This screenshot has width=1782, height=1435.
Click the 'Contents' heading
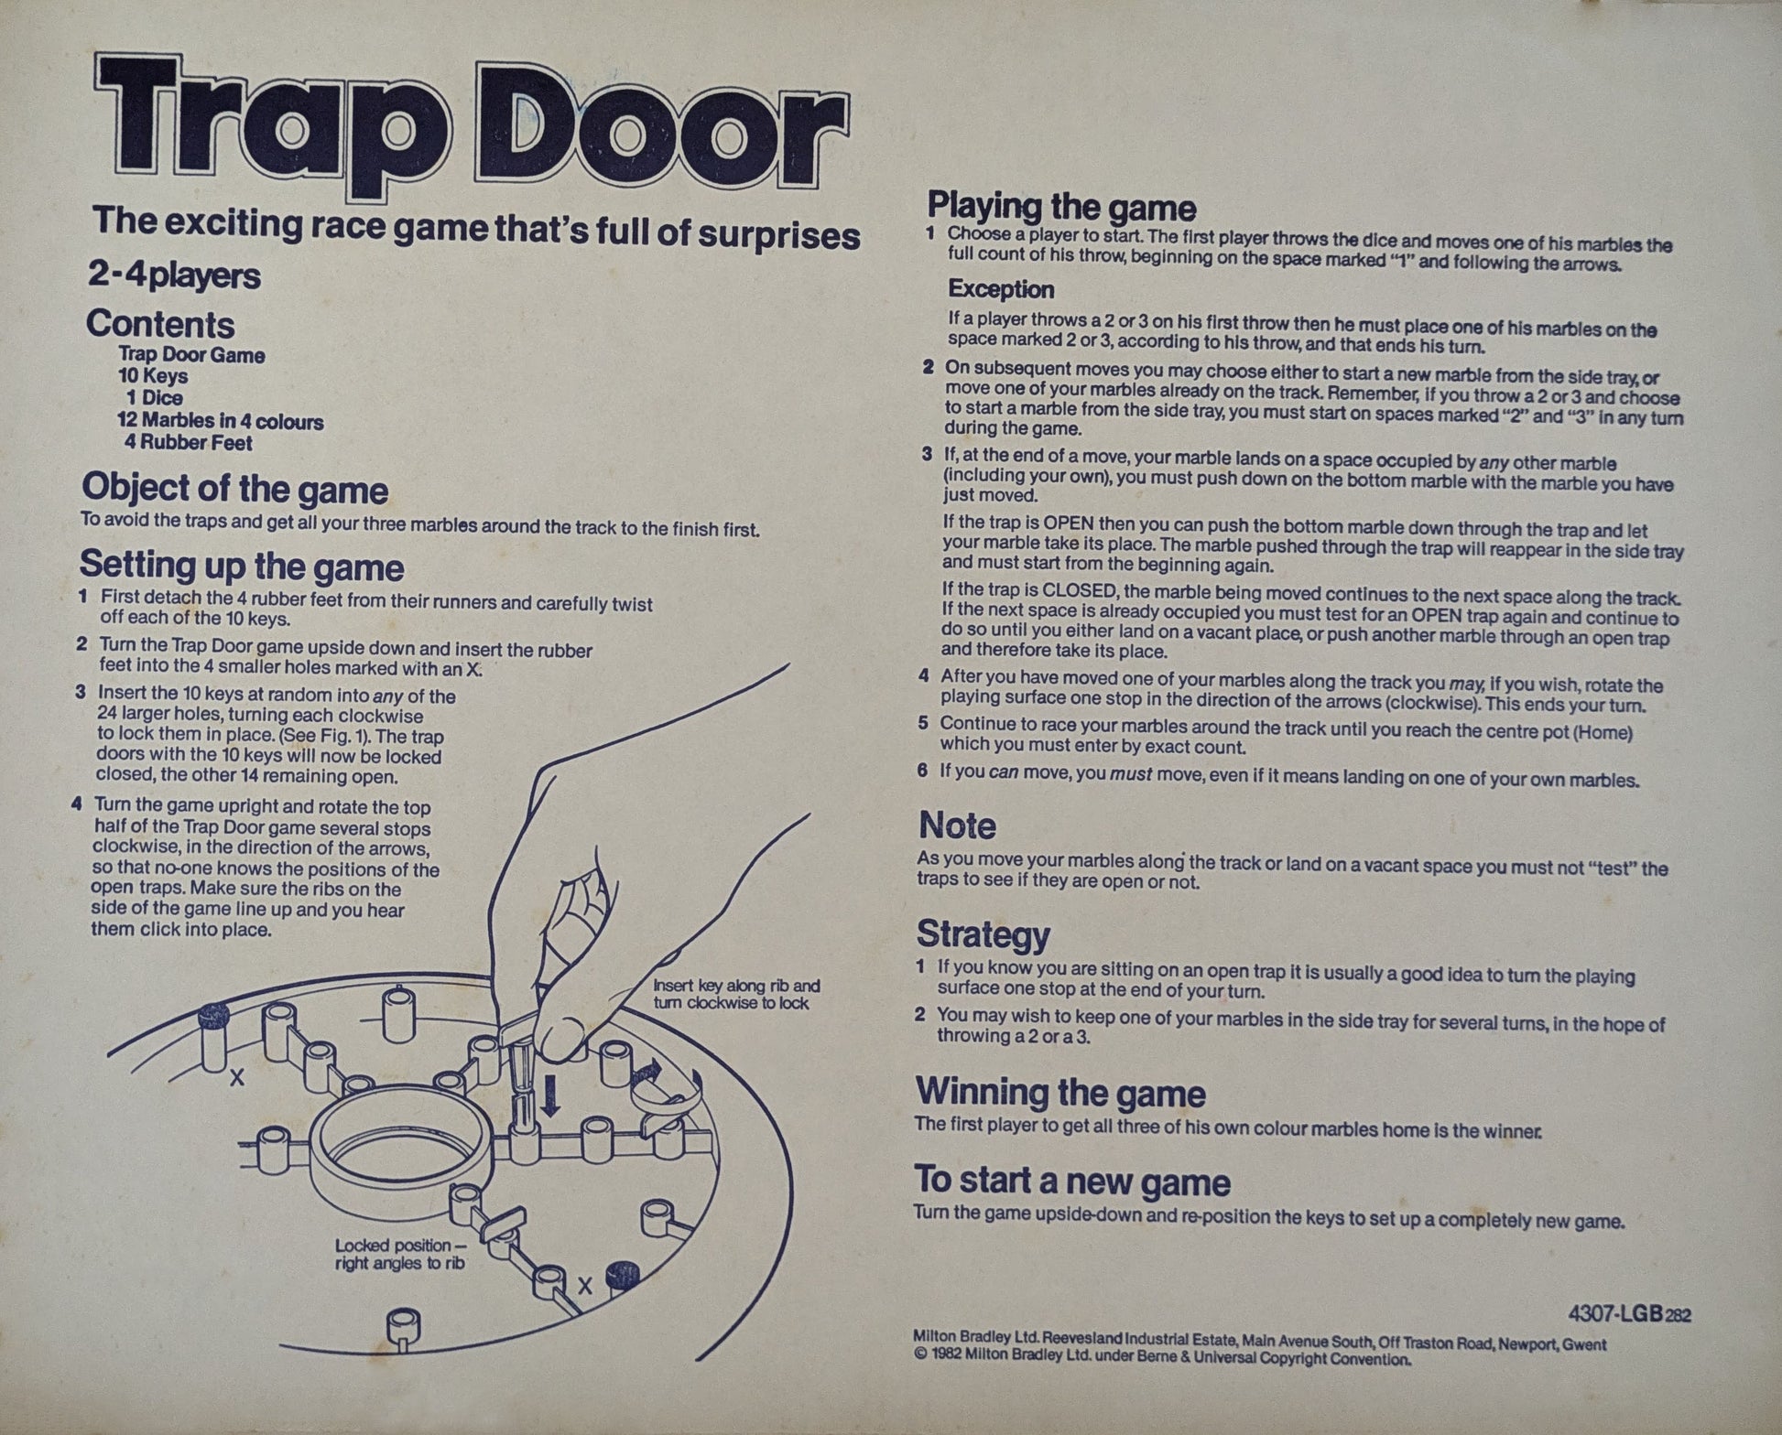point(160,325)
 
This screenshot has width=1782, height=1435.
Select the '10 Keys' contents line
point(153,376)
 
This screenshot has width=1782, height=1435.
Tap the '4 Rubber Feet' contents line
point(189,443)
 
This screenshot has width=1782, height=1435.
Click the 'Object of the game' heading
point(234,490)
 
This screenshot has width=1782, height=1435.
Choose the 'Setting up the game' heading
point(242,566)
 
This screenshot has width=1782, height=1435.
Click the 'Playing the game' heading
point(1062,208)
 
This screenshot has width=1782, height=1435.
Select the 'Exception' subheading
point(1001,289)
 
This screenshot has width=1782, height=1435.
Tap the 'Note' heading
point(957,826)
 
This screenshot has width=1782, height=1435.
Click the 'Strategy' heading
point(983,934)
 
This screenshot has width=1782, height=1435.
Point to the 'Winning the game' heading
point(1060,1093)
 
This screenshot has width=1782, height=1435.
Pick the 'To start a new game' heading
point(1072,1181)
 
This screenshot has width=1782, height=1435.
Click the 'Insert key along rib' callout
point(736,995)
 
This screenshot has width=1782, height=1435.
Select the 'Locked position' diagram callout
point(400,1255)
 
